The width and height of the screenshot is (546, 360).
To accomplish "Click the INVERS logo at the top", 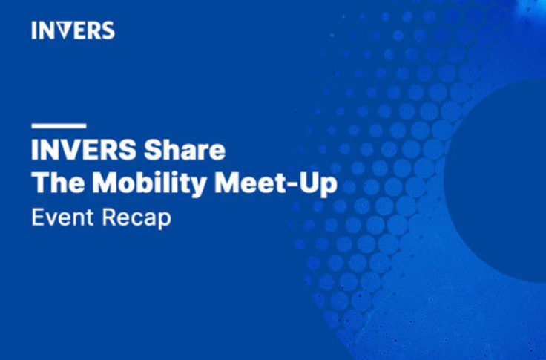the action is (73, 30).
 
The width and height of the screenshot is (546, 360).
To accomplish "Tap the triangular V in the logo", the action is (63, 30).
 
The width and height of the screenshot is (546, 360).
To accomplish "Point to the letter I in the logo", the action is (34, 30).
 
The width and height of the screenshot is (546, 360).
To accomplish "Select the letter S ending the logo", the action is (108, 30).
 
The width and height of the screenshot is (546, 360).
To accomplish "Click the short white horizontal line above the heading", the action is (59, 125).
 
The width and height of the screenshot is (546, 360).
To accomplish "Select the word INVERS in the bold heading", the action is (84, 150).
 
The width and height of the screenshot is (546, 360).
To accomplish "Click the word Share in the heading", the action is (185, 150).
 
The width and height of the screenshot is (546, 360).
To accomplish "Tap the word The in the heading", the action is (58, 183).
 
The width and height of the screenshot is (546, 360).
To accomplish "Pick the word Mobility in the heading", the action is (150, 185).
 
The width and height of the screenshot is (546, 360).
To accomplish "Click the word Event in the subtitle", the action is (62, 217).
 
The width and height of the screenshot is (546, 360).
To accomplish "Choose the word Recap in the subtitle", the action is (136, 219).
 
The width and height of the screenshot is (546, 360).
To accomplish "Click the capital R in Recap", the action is (109, 217).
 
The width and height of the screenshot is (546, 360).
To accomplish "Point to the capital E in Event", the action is (38, 217).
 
